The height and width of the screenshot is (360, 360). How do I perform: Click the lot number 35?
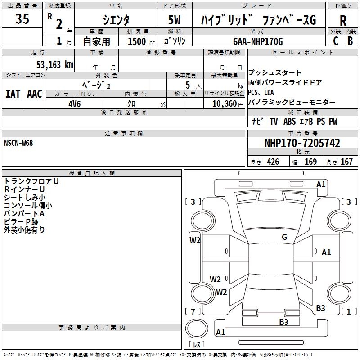(x=23, y=19)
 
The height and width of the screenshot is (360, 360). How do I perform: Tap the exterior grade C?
(x=335, y=40)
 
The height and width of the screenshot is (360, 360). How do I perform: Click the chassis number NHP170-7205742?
(x=302, y=143)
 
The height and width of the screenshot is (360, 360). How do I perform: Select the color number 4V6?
(x=75, y=103)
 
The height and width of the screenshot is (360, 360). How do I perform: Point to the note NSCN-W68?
(x=18, y=143)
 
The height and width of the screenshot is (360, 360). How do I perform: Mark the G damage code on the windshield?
(x=284, y=237)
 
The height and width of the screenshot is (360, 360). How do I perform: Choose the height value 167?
(x=346, y=162)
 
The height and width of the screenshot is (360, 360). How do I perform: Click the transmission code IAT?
(x=12, y=94)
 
